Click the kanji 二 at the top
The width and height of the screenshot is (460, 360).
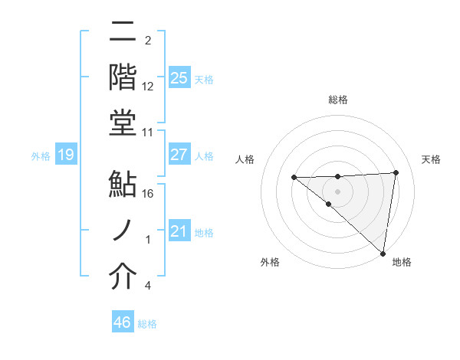coord(123,33)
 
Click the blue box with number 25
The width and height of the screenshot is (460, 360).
coord(179,77)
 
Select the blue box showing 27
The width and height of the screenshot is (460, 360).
coord(179,155)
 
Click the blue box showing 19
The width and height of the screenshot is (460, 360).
coord(65,155)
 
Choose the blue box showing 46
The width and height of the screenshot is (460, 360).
coord(123,322)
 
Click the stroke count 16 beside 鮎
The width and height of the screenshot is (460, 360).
coord(149,195)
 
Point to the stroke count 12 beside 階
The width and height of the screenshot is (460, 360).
coord(149,87)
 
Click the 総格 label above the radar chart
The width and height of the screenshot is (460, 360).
coord(338,100)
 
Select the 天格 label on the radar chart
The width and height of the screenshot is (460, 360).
coord(432,159)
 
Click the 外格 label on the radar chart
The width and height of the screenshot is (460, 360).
coord(270,263)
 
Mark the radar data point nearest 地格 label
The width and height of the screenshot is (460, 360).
coord(383,253)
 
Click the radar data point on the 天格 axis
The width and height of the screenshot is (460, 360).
coord(396,172)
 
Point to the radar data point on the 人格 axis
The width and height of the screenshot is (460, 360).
coord(294,178)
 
